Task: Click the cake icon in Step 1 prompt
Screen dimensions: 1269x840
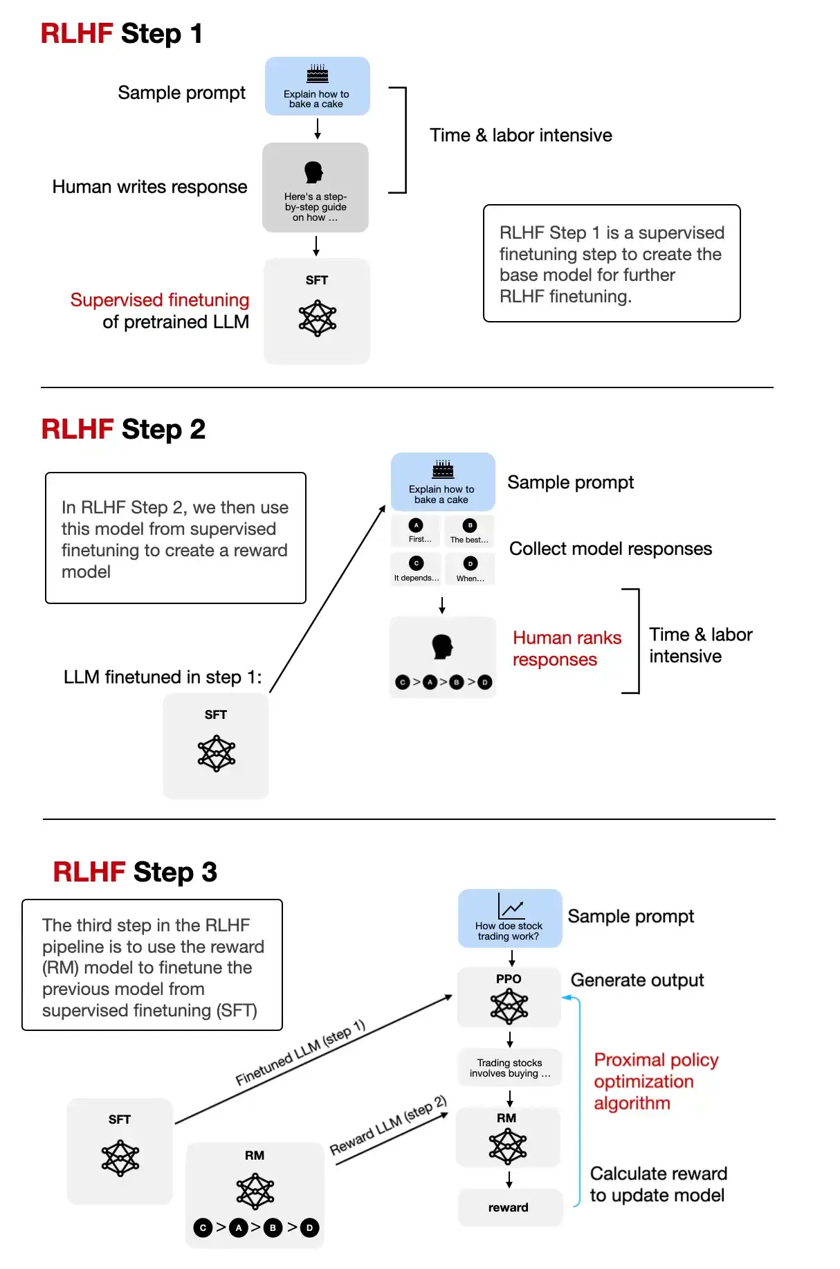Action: click(318, 74)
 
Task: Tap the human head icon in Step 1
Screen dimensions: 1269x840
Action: click(313, 172)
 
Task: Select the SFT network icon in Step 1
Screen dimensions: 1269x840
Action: click(318, 318)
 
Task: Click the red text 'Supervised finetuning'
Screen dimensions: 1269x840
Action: click(160, 300)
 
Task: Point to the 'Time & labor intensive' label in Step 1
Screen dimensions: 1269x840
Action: click(520, 136)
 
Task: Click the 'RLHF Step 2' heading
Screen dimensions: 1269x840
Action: click(123, 430)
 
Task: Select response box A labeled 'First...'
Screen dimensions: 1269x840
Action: click(416, 531)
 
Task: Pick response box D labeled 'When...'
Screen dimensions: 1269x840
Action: click(471, 569)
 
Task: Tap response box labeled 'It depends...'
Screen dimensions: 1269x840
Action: click(416, 569)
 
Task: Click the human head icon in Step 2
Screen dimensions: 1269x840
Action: click(442, 647)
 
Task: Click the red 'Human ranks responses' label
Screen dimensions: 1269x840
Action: click(566, 648)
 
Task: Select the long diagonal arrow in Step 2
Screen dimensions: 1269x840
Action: click(327, 599)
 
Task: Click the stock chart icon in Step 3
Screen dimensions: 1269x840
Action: click(511, 906)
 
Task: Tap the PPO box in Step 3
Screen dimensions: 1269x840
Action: click(509, 998)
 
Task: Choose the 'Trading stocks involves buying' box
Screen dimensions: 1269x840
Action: click(509, 1068)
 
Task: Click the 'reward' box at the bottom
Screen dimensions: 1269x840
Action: click(509, 1207)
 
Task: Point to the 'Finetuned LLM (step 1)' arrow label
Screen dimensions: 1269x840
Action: click(300, 1052)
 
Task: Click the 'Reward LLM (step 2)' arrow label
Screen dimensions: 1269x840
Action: click(388, 1125)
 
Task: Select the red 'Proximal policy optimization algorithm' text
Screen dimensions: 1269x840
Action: click(655, 1081)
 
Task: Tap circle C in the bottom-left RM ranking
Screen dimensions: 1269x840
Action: click(203, 1227)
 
